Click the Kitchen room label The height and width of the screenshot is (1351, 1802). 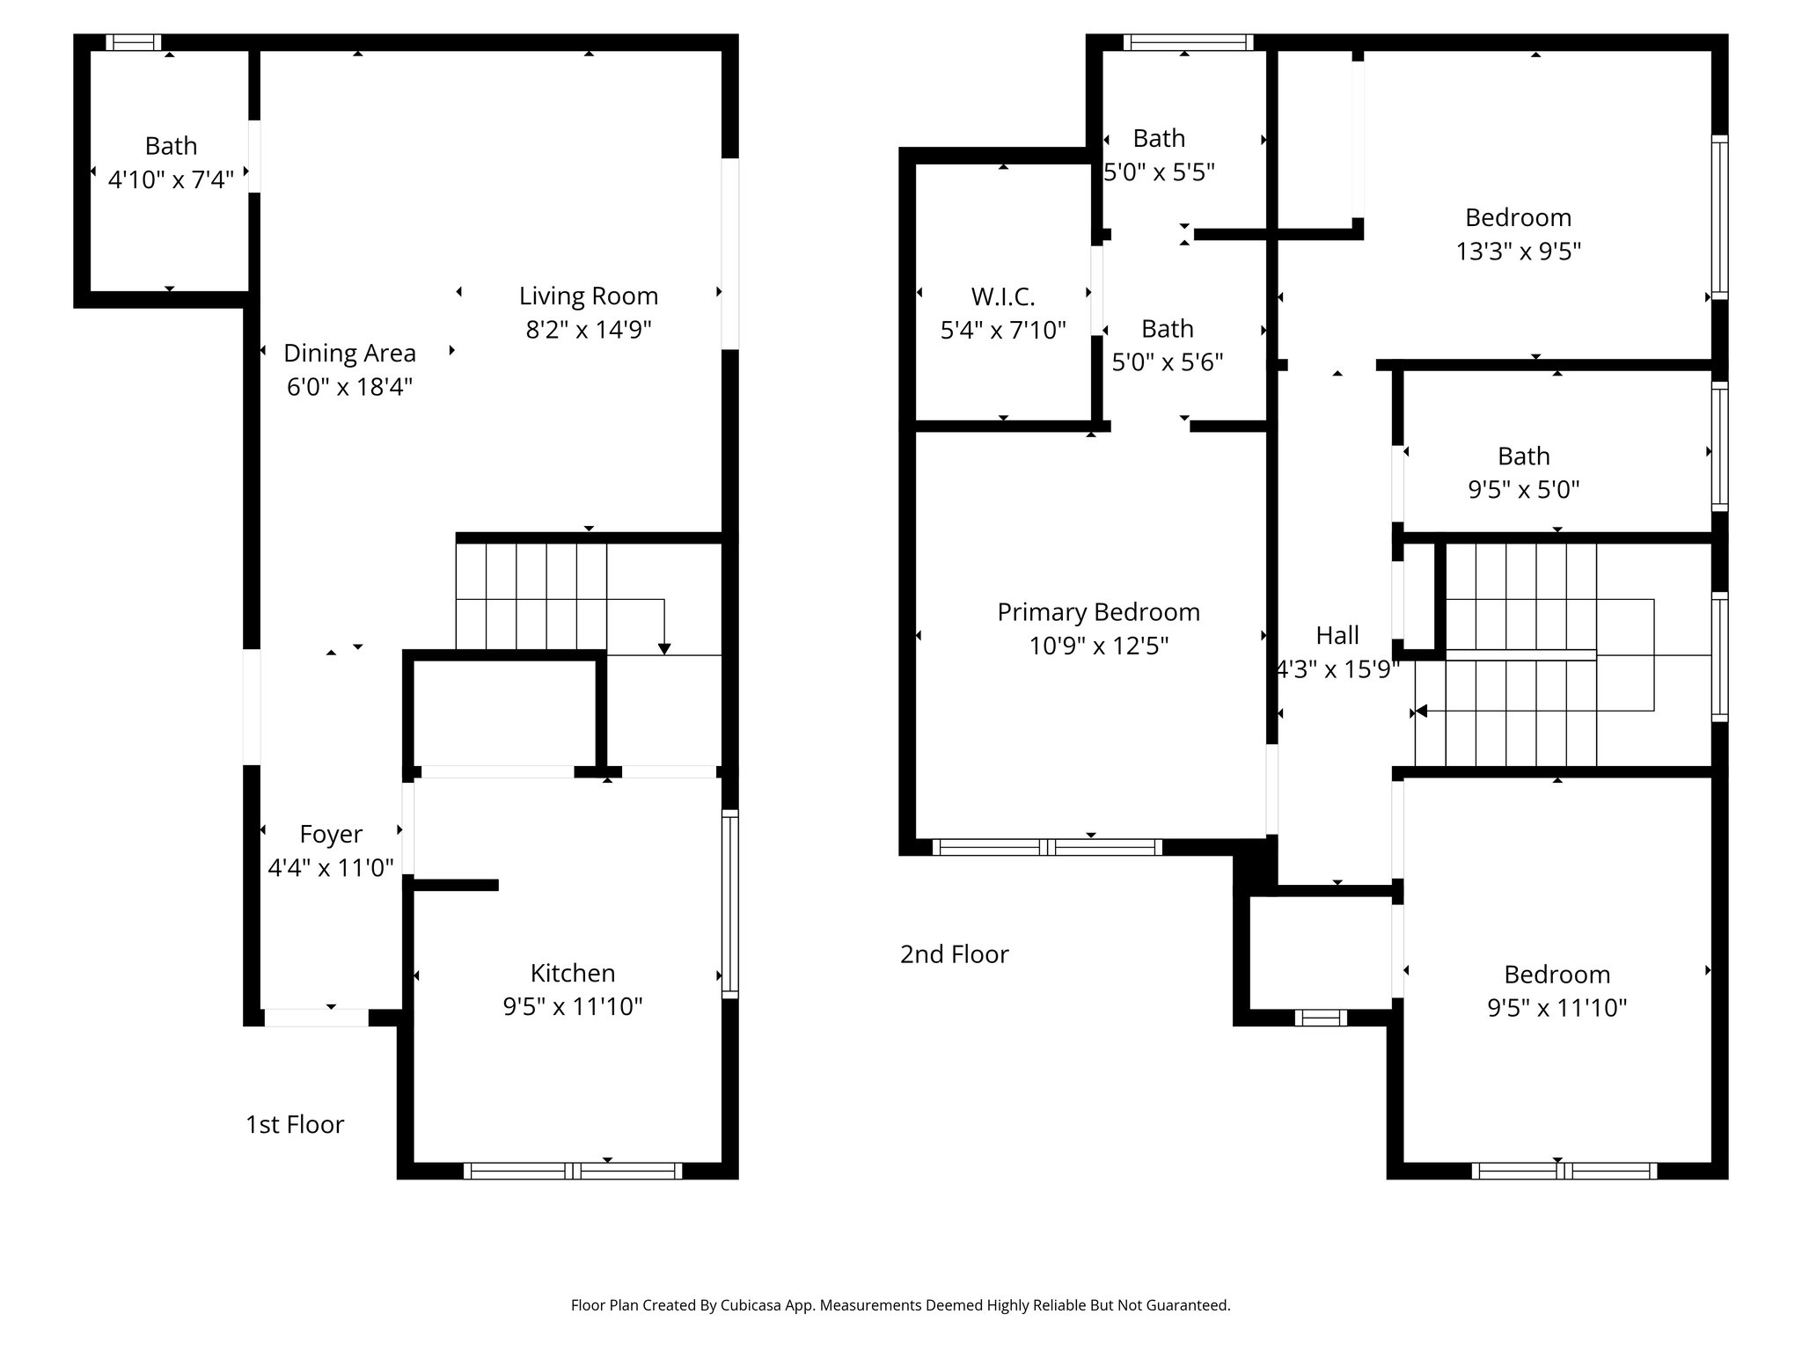(572, 973)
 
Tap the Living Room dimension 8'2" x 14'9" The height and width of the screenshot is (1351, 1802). (588, 330)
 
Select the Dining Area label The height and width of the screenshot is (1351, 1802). (349, 354)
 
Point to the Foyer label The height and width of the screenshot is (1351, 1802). (331, 834)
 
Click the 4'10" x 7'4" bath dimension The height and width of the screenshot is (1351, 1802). (171, 180)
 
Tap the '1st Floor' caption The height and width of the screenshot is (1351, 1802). (295, 1124)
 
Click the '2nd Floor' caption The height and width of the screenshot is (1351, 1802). (954, 954)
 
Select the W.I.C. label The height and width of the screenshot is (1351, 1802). (1003, 296)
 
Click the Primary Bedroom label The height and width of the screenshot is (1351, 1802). (1098, 612)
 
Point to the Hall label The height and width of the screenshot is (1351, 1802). (1337, 635)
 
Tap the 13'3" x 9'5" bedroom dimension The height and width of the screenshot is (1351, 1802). (1518, 252)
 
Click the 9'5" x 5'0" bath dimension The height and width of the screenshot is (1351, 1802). (1523, 490)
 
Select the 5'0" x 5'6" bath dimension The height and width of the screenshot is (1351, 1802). (1168, 362)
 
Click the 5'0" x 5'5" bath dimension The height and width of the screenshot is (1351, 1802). (1159, 172)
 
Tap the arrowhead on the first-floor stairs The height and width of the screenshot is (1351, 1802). (664, 648)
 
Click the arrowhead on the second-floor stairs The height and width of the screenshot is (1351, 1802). (1418, 712)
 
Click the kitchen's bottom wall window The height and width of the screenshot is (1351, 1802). (572, 1171)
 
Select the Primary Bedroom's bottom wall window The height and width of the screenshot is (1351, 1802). (1047, 847)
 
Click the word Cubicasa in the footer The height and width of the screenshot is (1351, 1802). (752, 1305)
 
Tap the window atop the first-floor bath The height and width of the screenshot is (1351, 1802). (134, 42)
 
